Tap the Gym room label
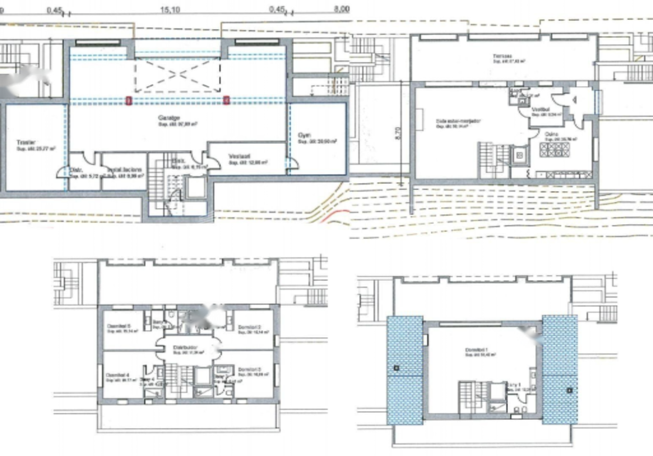click(305, 135)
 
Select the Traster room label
click(22, 143)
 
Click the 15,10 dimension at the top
click(169, 9)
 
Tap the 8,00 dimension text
click(342, 9)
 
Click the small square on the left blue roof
click(395, 368)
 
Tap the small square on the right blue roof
click(569, 391)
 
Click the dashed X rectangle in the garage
click(177, 74)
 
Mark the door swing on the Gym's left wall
click(291, 164)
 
